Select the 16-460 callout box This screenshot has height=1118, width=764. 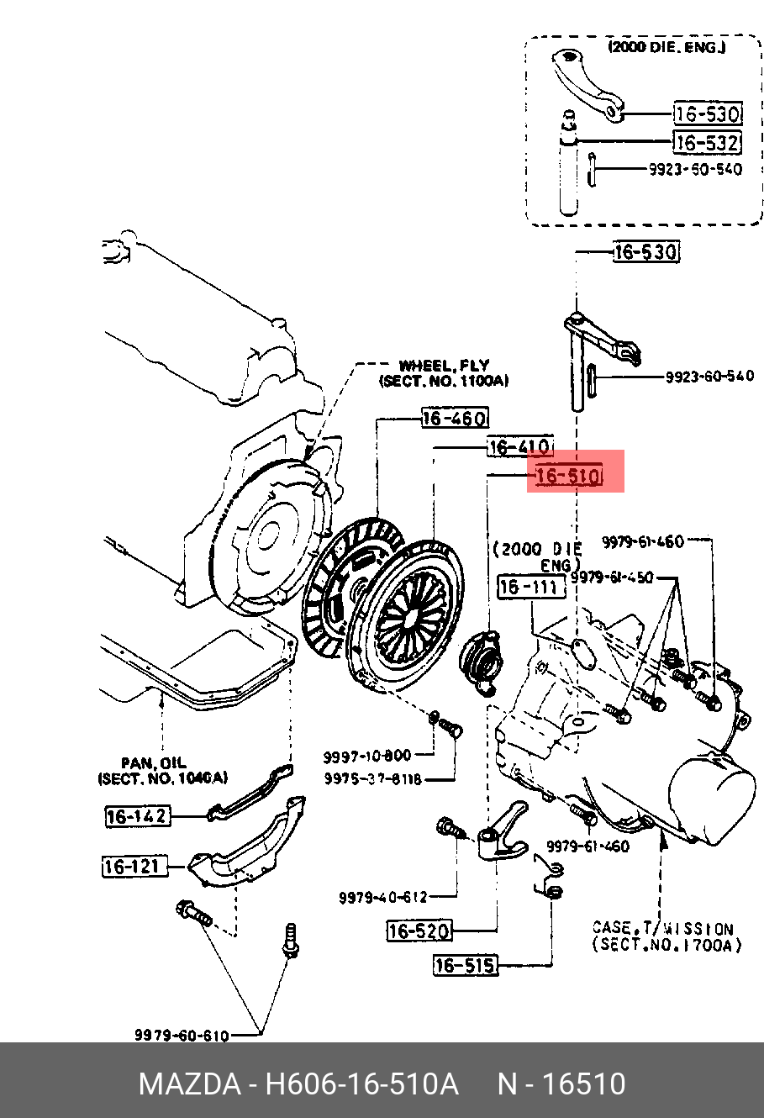454,417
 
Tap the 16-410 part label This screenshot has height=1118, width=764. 519,446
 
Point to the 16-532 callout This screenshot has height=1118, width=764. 708,142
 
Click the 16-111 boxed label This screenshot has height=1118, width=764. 531,587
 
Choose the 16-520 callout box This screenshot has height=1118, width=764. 419,931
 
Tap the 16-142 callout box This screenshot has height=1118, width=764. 137,815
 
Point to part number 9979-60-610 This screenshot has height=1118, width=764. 181,1036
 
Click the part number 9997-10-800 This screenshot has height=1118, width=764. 367,756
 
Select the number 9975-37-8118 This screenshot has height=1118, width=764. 373,779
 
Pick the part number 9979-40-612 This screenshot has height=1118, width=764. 383,898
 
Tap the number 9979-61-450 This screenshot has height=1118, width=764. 613,577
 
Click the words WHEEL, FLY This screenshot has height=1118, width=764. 444,366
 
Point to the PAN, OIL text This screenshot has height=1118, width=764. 152,763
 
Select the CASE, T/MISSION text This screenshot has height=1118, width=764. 662,928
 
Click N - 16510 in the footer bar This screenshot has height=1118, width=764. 561,1084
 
